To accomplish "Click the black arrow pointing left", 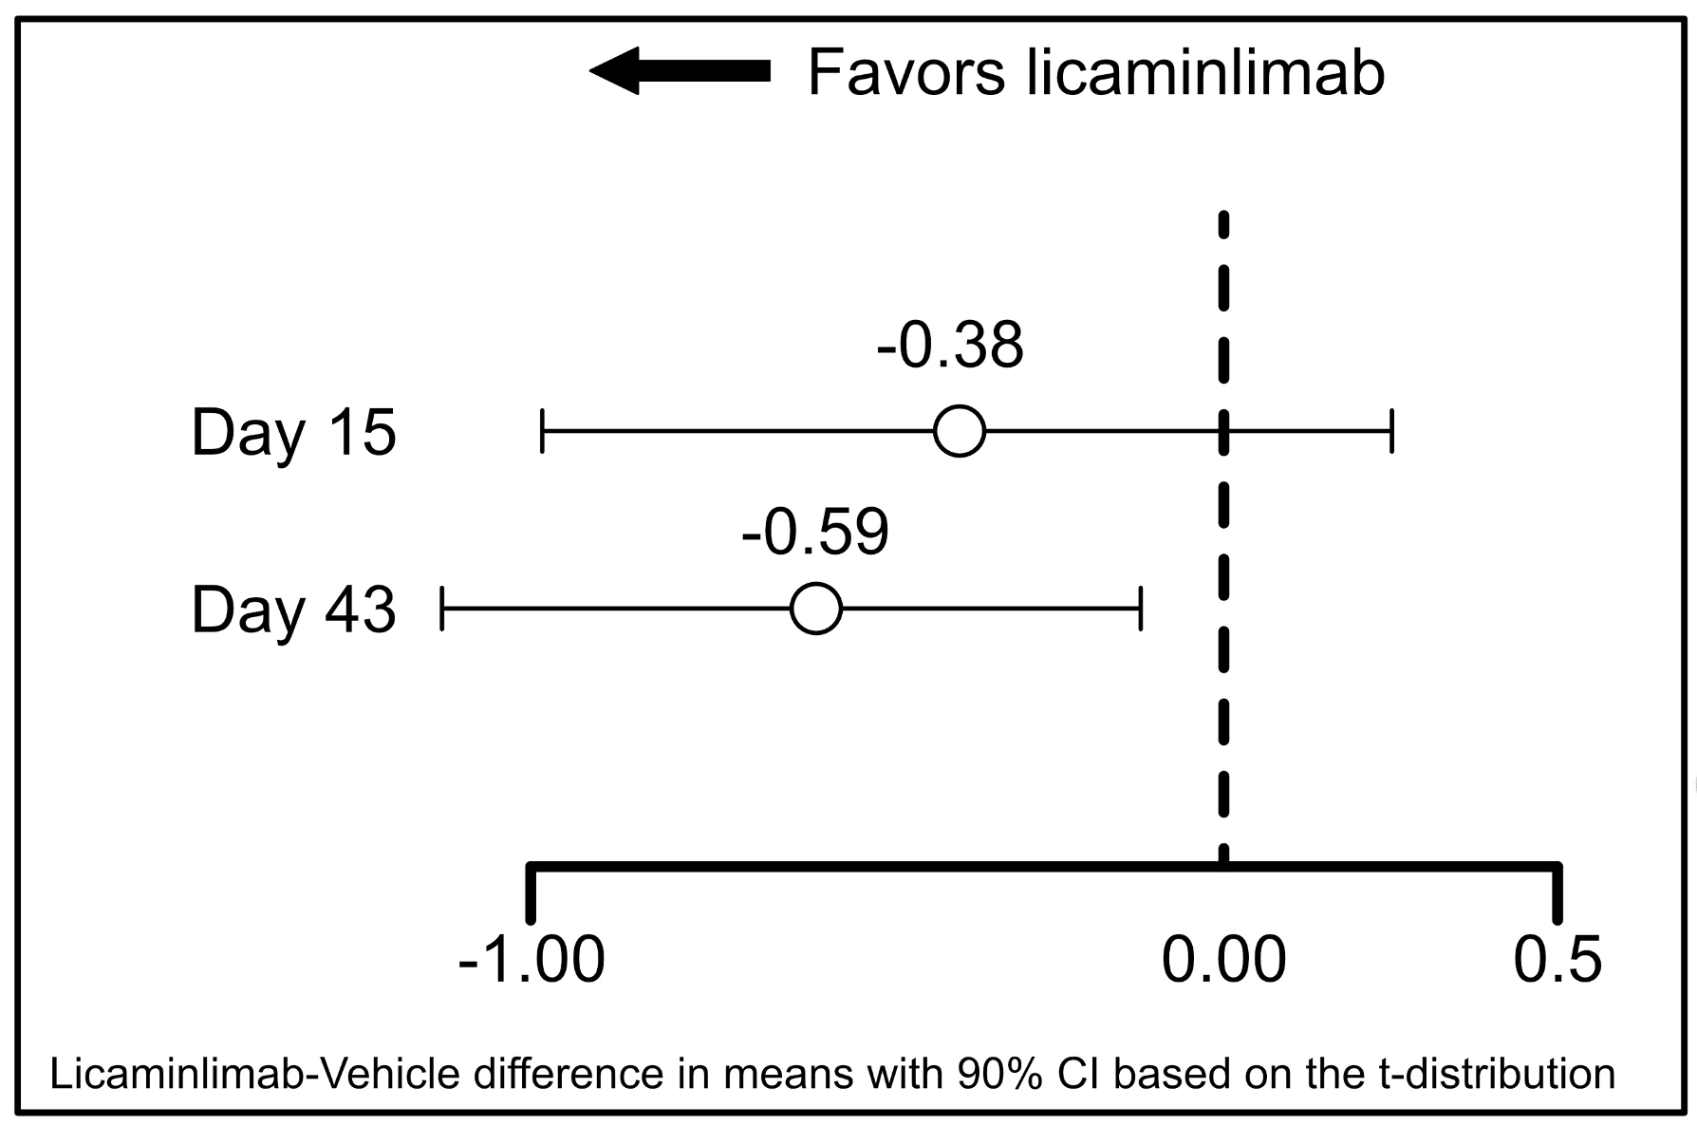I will pos(679,71).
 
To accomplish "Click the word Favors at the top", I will pos(905,73).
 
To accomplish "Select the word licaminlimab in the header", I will pos(1205,73).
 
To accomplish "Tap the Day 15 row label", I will pos(293,433).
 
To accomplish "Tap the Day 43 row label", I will pos(293,610).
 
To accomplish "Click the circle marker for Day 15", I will pos(960,431).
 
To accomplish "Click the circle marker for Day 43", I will pos(816,609).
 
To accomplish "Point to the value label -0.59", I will pos(815,532).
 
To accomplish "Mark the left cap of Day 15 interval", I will pos(542,431).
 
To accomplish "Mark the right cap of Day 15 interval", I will pos(1391,431).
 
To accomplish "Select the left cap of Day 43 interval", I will pos(442,609).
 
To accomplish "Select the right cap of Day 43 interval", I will pos(1141,609).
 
